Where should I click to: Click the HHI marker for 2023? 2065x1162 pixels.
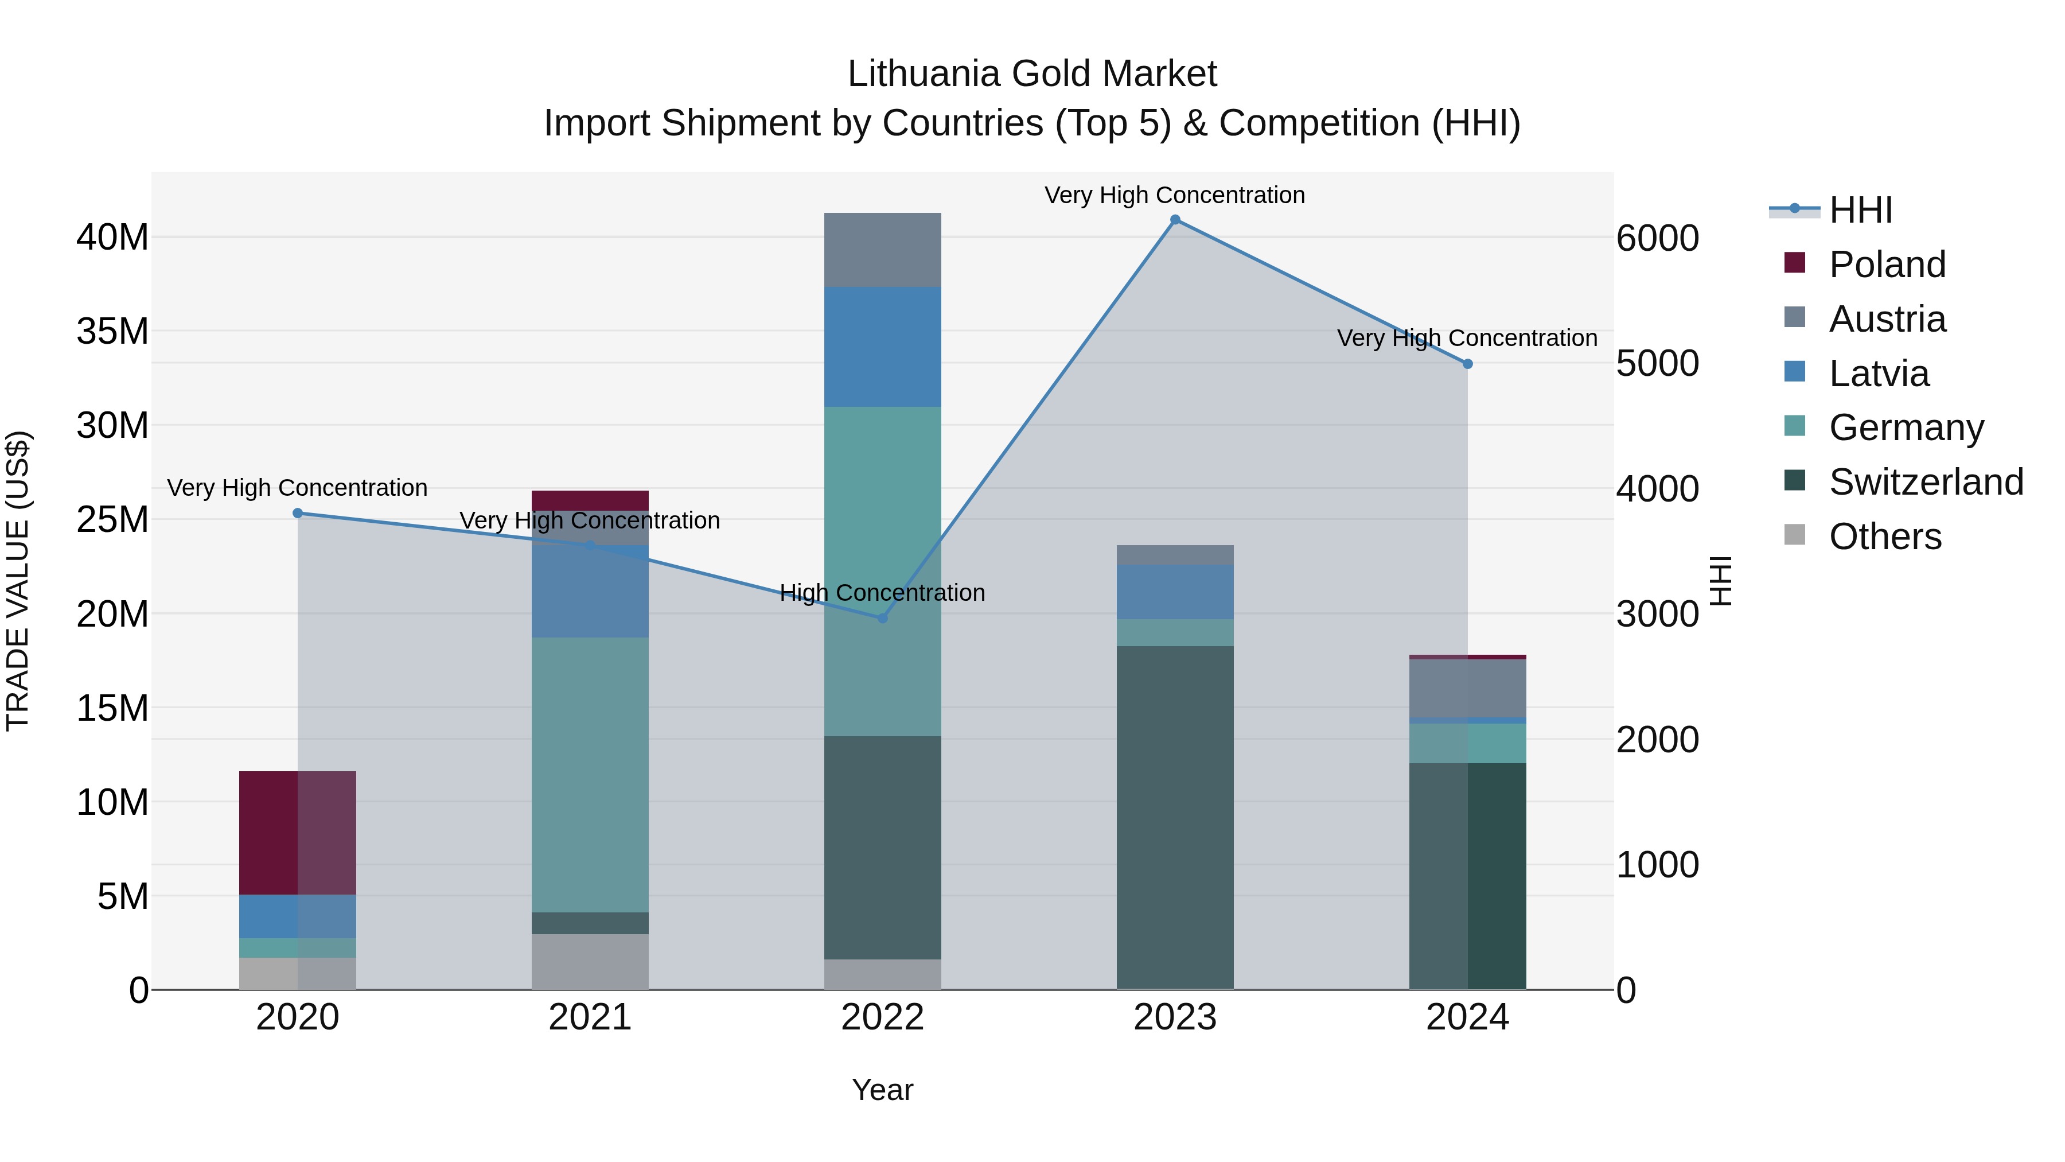point(1175,220)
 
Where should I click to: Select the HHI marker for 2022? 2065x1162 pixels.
point(883,618)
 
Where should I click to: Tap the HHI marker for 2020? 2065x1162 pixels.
point(297,513)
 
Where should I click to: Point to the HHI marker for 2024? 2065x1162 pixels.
point(1468,364)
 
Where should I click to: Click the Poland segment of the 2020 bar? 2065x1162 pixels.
point(297,833)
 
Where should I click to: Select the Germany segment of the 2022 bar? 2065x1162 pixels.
point(883,571)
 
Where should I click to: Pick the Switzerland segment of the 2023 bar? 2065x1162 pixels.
point(1175,817)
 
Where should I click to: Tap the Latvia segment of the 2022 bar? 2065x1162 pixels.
point(883,347)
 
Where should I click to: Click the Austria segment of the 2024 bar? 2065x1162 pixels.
point(1468,688)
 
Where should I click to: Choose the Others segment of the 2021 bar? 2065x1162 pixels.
point(590,962)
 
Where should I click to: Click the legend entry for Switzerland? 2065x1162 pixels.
point(1926,482)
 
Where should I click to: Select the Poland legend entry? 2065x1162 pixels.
point(1887,265)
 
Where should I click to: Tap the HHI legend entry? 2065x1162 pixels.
point(1860,210)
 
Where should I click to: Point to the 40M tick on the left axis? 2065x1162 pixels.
point(112,238)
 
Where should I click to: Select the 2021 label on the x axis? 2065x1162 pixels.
point(590,1017)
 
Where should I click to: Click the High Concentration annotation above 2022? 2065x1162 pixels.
point(883,593)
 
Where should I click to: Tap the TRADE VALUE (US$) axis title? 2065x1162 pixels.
point(18,581)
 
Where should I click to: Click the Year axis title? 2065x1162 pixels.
point(883,1090)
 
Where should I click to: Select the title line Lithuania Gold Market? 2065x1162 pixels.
point(1032,74)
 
